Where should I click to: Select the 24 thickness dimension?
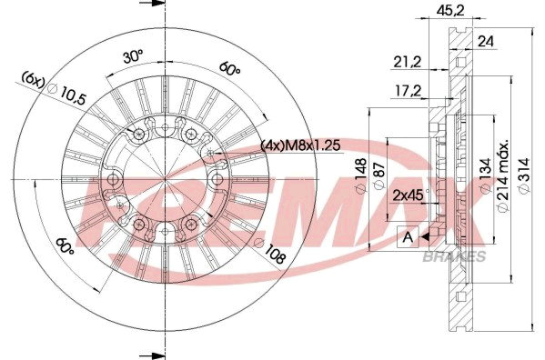pos(486,42)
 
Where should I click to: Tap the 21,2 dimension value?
pos(408,62)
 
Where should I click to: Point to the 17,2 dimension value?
pos(408,91)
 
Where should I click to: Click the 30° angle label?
pos(133,56)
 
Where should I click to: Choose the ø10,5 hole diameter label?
pos(67,94)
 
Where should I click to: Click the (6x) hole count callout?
pos(33,79)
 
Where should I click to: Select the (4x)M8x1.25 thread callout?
pos(300,145)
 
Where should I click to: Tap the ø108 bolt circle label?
pos(271,251)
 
